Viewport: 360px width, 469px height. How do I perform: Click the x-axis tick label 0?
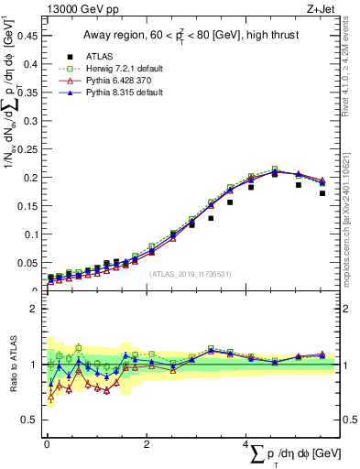pyautogui.click(x=47, y=444)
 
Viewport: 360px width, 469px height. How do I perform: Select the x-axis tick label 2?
pyautogui.click(x=147, y=444)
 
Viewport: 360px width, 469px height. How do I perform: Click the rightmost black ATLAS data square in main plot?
pyautogui.click(x=322, y=193)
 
